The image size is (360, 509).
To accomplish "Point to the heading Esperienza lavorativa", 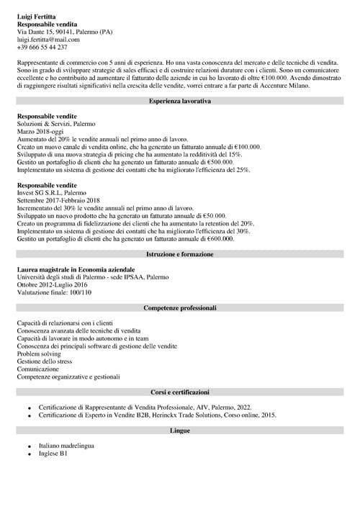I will [x=179, y=102].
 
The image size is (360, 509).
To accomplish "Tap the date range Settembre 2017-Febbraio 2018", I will [x=58, y=200].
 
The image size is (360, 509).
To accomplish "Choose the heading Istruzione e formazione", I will [x=179, y=255].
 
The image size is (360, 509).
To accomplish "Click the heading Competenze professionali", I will [x=179, y=307].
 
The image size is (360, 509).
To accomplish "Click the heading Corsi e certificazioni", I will [x=179, y=393].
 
